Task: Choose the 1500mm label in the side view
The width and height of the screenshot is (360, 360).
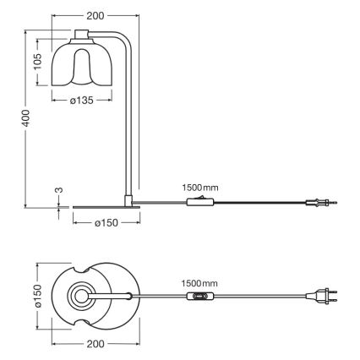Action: tap(199, 187)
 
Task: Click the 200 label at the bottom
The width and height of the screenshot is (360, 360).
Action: tap(95, 345)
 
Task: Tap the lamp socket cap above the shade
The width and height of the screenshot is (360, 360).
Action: tap(82, 35)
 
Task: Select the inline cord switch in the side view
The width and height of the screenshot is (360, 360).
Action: tap(199, 201)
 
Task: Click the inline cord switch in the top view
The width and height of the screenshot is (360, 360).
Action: tap(200, 297)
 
